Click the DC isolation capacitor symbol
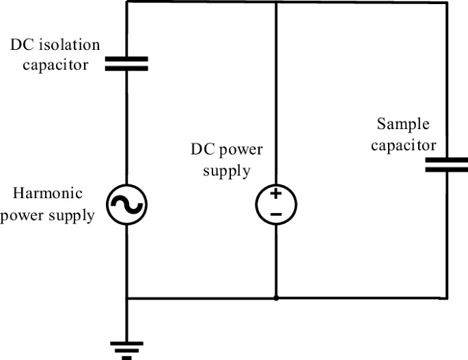(126, 64)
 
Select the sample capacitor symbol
(447, 165)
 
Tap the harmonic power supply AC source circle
(126, 204)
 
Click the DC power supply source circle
(275, 204)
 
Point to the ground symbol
(126, 348)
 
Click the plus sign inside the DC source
(275, 195)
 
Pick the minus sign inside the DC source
(275, 214)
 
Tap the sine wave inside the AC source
(126, 204)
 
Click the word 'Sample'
(403, 125)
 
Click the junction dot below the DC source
(275, 299)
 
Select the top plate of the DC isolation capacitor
(126, 59)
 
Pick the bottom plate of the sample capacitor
(447, 169)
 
